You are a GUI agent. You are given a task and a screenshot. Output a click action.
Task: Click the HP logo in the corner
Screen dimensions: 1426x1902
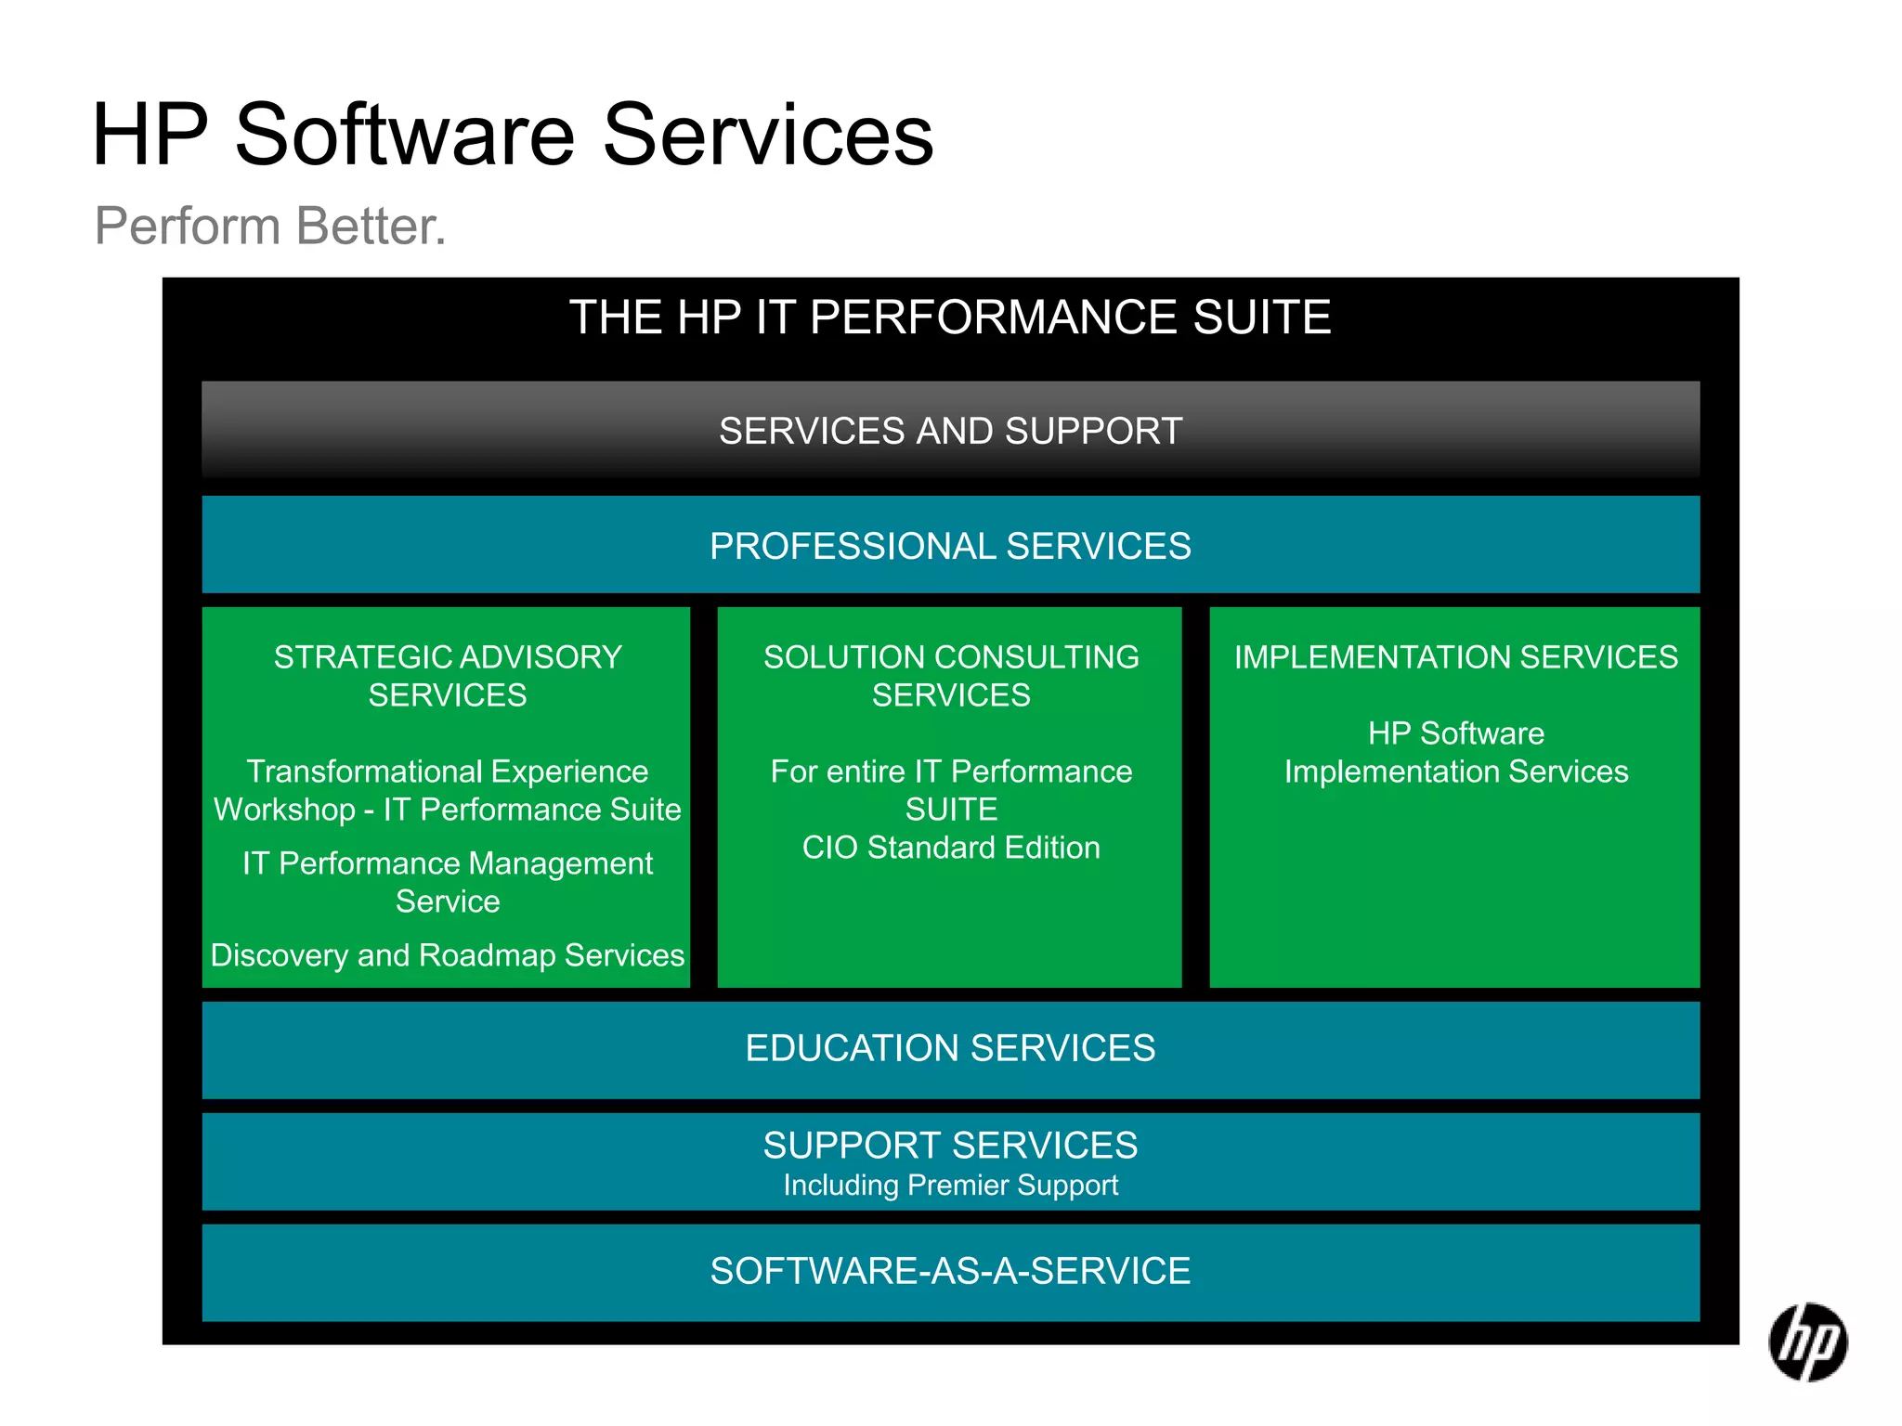coord(1807,1342)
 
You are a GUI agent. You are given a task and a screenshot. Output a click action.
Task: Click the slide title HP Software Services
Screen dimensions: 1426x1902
coord(513,136)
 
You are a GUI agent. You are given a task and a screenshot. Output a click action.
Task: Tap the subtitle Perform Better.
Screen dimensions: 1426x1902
coord(270,226)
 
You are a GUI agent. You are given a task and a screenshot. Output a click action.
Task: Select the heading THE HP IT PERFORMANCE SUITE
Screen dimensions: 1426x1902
coord(949,318)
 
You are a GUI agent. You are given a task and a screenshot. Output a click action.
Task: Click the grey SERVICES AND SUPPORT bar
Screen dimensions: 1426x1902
coord(950,431)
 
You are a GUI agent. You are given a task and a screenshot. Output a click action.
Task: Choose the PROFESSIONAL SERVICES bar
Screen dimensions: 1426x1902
coord(950,546)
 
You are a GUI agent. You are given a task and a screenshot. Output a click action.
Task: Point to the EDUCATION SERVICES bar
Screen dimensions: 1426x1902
coord(950,1048)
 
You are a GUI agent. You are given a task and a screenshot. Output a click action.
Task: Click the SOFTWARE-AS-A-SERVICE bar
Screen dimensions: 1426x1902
coord(950,1271)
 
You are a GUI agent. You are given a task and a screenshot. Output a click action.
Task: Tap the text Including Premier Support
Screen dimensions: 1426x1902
coord(950,1186)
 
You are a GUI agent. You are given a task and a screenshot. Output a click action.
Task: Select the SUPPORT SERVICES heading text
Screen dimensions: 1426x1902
coord(950,1146)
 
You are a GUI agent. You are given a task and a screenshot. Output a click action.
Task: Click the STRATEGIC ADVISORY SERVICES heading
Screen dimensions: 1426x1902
coord(447,676)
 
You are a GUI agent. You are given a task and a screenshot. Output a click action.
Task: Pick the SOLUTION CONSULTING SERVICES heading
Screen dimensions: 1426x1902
coord(951,676)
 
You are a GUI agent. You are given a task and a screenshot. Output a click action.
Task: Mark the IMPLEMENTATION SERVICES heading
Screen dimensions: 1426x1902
coord(1455,657)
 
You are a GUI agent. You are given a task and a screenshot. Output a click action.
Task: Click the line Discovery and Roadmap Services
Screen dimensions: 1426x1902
coord(447,955)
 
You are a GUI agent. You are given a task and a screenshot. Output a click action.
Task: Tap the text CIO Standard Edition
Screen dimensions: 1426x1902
coord(951,848)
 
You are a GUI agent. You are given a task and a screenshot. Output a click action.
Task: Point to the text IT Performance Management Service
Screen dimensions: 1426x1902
coord(447,882)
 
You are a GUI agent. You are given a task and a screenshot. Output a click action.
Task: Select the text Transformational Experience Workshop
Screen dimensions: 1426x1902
coord(447,790)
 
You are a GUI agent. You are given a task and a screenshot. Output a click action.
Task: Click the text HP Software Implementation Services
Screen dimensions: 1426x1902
coord(1455,753)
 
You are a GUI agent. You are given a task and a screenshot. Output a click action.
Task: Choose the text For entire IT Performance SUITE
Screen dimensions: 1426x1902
coord(951,790)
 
